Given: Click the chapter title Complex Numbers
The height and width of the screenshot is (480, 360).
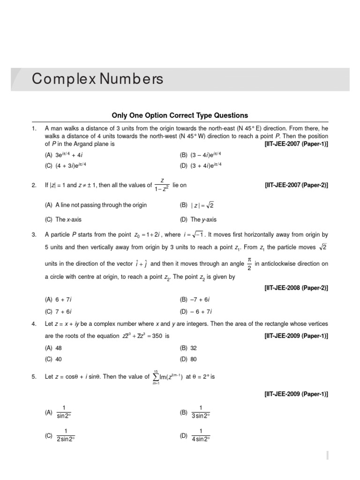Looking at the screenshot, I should click(97, 79).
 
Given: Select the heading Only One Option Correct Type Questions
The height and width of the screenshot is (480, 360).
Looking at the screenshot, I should click(180, 115).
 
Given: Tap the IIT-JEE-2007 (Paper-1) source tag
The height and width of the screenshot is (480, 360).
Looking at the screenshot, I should click(296, 144).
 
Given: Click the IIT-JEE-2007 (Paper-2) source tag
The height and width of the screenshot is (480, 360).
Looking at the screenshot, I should click(296, 185).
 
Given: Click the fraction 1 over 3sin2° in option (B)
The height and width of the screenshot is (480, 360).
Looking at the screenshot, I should click(201, 412).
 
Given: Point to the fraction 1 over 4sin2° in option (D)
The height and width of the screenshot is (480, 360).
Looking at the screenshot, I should click(201, 435).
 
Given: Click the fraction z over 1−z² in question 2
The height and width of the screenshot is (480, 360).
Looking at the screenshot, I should click(163, 185).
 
